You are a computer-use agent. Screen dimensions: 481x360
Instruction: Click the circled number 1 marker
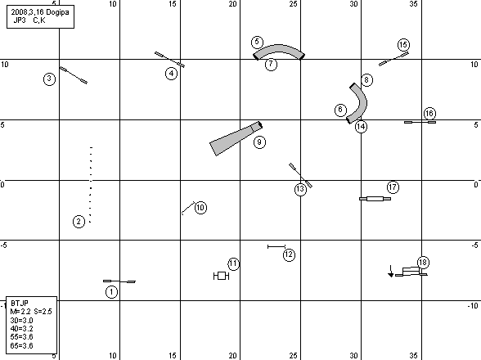(111, 292)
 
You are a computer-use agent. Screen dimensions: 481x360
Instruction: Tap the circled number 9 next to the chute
(259, 142)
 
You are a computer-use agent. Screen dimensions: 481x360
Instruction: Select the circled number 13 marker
(300, 189)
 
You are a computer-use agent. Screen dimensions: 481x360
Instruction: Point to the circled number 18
(423, 263)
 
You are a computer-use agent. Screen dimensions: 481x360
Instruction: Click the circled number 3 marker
(49, 79)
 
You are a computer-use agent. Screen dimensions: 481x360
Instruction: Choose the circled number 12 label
(289, 254)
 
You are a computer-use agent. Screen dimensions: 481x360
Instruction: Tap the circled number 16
(429, 114)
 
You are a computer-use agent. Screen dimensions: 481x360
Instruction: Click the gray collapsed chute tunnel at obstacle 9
(236, 139)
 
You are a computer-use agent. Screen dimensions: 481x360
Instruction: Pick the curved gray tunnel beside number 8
(362, 100)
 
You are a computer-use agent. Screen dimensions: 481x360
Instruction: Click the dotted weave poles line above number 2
(91, 185)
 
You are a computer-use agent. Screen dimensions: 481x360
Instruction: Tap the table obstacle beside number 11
(221, 276)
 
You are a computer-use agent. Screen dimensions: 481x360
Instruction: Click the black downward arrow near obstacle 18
(391, 272)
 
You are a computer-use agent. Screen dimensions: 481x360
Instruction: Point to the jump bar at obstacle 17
(375, 199)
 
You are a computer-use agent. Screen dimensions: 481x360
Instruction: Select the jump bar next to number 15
(393, 59)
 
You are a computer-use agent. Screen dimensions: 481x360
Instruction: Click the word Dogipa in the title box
(57, 12)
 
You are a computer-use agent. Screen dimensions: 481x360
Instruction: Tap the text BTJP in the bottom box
(20, 304)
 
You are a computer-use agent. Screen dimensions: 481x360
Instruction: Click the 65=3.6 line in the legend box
(21, 345)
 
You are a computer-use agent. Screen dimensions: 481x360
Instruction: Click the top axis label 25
(293, 4)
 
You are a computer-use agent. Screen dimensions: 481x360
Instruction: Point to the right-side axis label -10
(473, 306)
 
